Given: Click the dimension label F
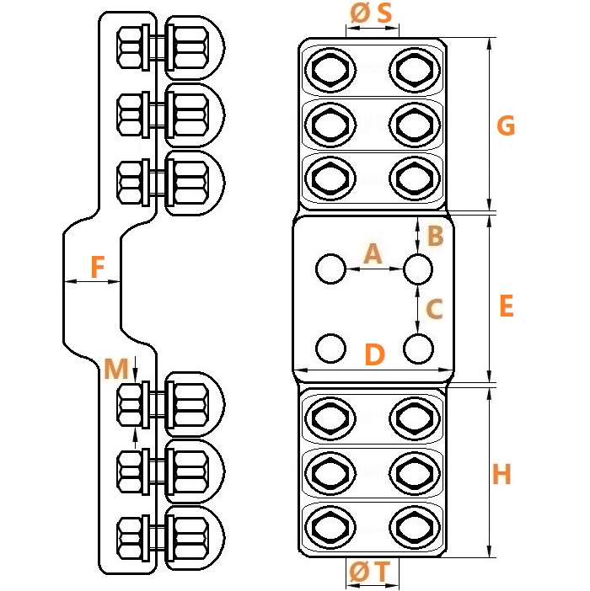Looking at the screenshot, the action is pos(98,267).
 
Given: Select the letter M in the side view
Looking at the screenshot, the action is pos(116,368).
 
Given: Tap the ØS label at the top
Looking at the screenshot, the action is pos(371,13).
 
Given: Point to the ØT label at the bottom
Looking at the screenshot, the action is pos(369,572).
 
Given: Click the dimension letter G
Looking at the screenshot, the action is pos(506,125).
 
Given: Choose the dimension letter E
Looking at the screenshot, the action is pos(507,306).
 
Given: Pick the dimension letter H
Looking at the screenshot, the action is pos(501,474).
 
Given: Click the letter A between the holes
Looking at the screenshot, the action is pos(373,253).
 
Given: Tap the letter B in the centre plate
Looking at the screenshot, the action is pos(435,236).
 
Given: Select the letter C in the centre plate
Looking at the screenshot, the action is pos(434,308).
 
